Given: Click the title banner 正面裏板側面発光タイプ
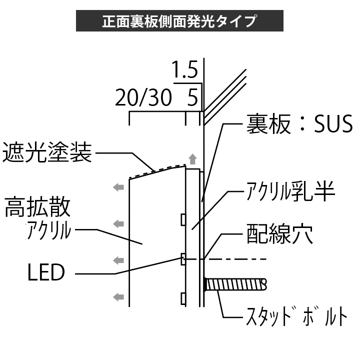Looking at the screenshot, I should [179, 21].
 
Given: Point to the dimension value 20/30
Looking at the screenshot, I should [143, 98].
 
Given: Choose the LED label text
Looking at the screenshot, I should [46, 273].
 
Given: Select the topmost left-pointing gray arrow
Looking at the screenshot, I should [118, 187].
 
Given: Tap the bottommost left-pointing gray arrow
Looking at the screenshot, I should [118, 297].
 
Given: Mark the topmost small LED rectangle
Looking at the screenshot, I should [183, 219].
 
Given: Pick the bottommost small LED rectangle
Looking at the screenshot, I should [183, 299].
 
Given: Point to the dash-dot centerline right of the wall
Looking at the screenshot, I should [235, 259].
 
